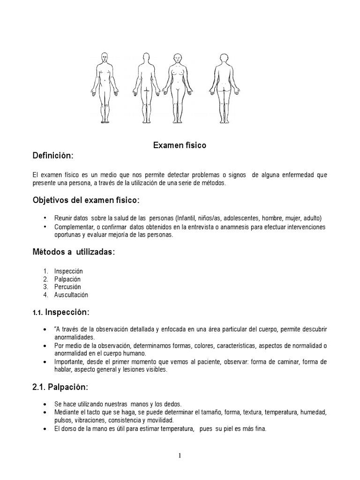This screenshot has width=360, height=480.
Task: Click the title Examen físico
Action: pos(180,146)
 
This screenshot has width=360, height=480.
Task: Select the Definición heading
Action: pos(53,156)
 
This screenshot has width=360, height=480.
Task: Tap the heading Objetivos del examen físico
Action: pos(86,201)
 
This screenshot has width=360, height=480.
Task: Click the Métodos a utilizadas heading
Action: pos(74,252)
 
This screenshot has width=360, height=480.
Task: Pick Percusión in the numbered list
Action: pos(67,287)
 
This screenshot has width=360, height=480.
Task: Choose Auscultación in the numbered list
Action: pos(71,295)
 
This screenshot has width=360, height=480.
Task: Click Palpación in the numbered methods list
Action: pos(67,279)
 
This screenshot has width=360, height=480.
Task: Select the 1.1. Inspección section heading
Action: pos(61,312)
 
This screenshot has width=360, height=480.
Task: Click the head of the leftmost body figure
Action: pos(105,58)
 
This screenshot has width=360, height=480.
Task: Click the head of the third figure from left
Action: pos(177,59)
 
